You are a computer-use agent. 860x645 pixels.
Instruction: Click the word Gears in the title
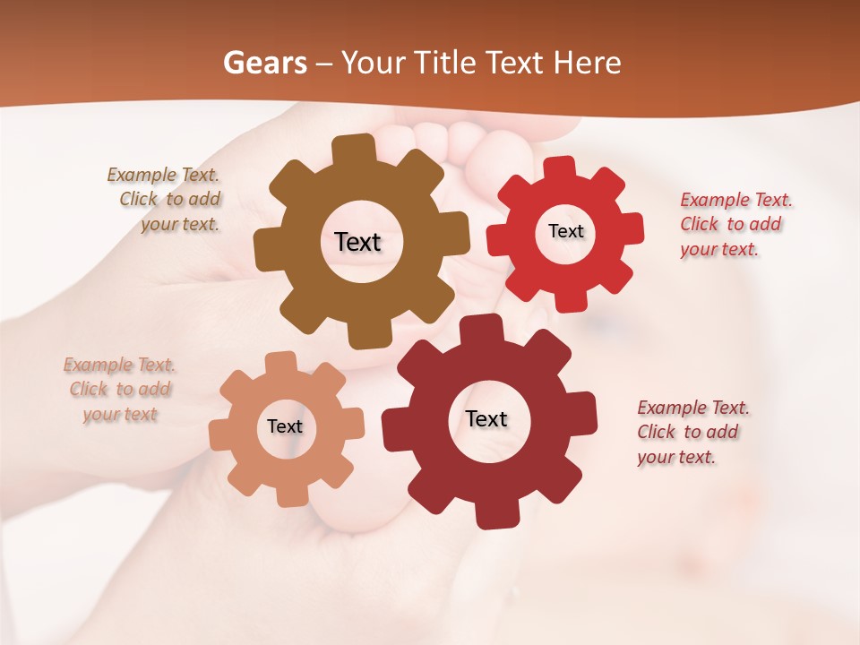[x=264, y=63]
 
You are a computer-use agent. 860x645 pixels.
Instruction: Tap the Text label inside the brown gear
[x=357, y=242]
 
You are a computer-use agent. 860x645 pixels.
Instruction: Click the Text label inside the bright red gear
[x=565, y=231]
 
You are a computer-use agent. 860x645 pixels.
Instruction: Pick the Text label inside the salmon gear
[x=285, y=426]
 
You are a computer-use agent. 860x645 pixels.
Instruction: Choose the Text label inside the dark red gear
[x=486, y=418]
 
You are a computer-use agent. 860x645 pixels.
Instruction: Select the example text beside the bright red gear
[x=735, y=225]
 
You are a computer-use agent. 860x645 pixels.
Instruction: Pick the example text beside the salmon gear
[x=120, y=390]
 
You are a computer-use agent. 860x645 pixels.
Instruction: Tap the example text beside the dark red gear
[x=692, y=433]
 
